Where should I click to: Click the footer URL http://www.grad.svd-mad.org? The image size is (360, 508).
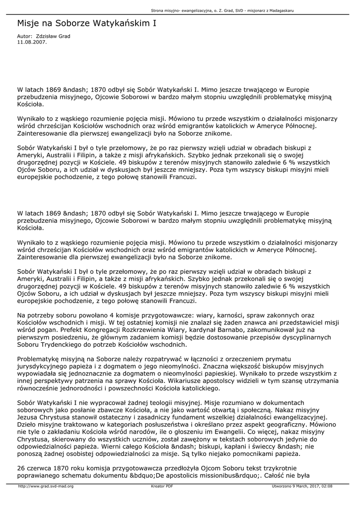click(x=46, y=486)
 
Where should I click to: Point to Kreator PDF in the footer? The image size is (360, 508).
click(x=162, y=486)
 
